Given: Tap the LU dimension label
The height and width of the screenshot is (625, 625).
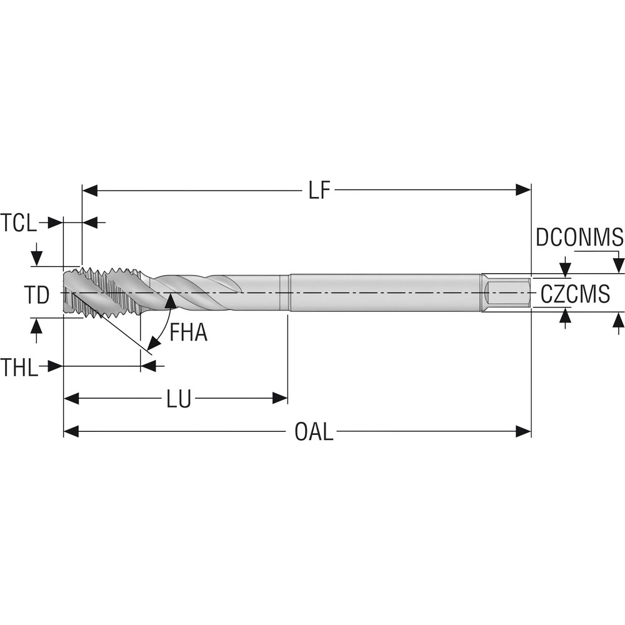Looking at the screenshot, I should tap(179, 399).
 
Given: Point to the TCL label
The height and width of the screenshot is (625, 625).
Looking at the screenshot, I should tap(19, 222).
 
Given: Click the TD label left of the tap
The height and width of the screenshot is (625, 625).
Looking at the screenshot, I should tap(37, 295).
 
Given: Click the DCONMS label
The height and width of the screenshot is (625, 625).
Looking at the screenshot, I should tap(579, 237).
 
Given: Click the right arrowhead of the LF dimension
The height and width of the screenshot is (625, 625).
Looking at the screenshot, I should tap(523, 190).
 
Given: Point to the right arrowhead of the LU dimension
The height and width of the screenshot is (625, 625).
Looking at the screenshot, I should tap(279, 398).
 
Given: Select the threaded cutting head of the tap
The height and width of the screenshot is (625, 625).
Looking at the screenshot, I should tap(100, 291).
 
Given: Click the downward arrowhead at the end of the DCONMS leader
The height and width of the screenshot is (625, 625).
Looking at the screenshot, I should tap(618, 265).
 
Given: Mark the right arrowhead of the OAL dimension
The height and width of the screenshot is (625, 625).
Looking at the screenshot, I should tap(523, 431).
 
